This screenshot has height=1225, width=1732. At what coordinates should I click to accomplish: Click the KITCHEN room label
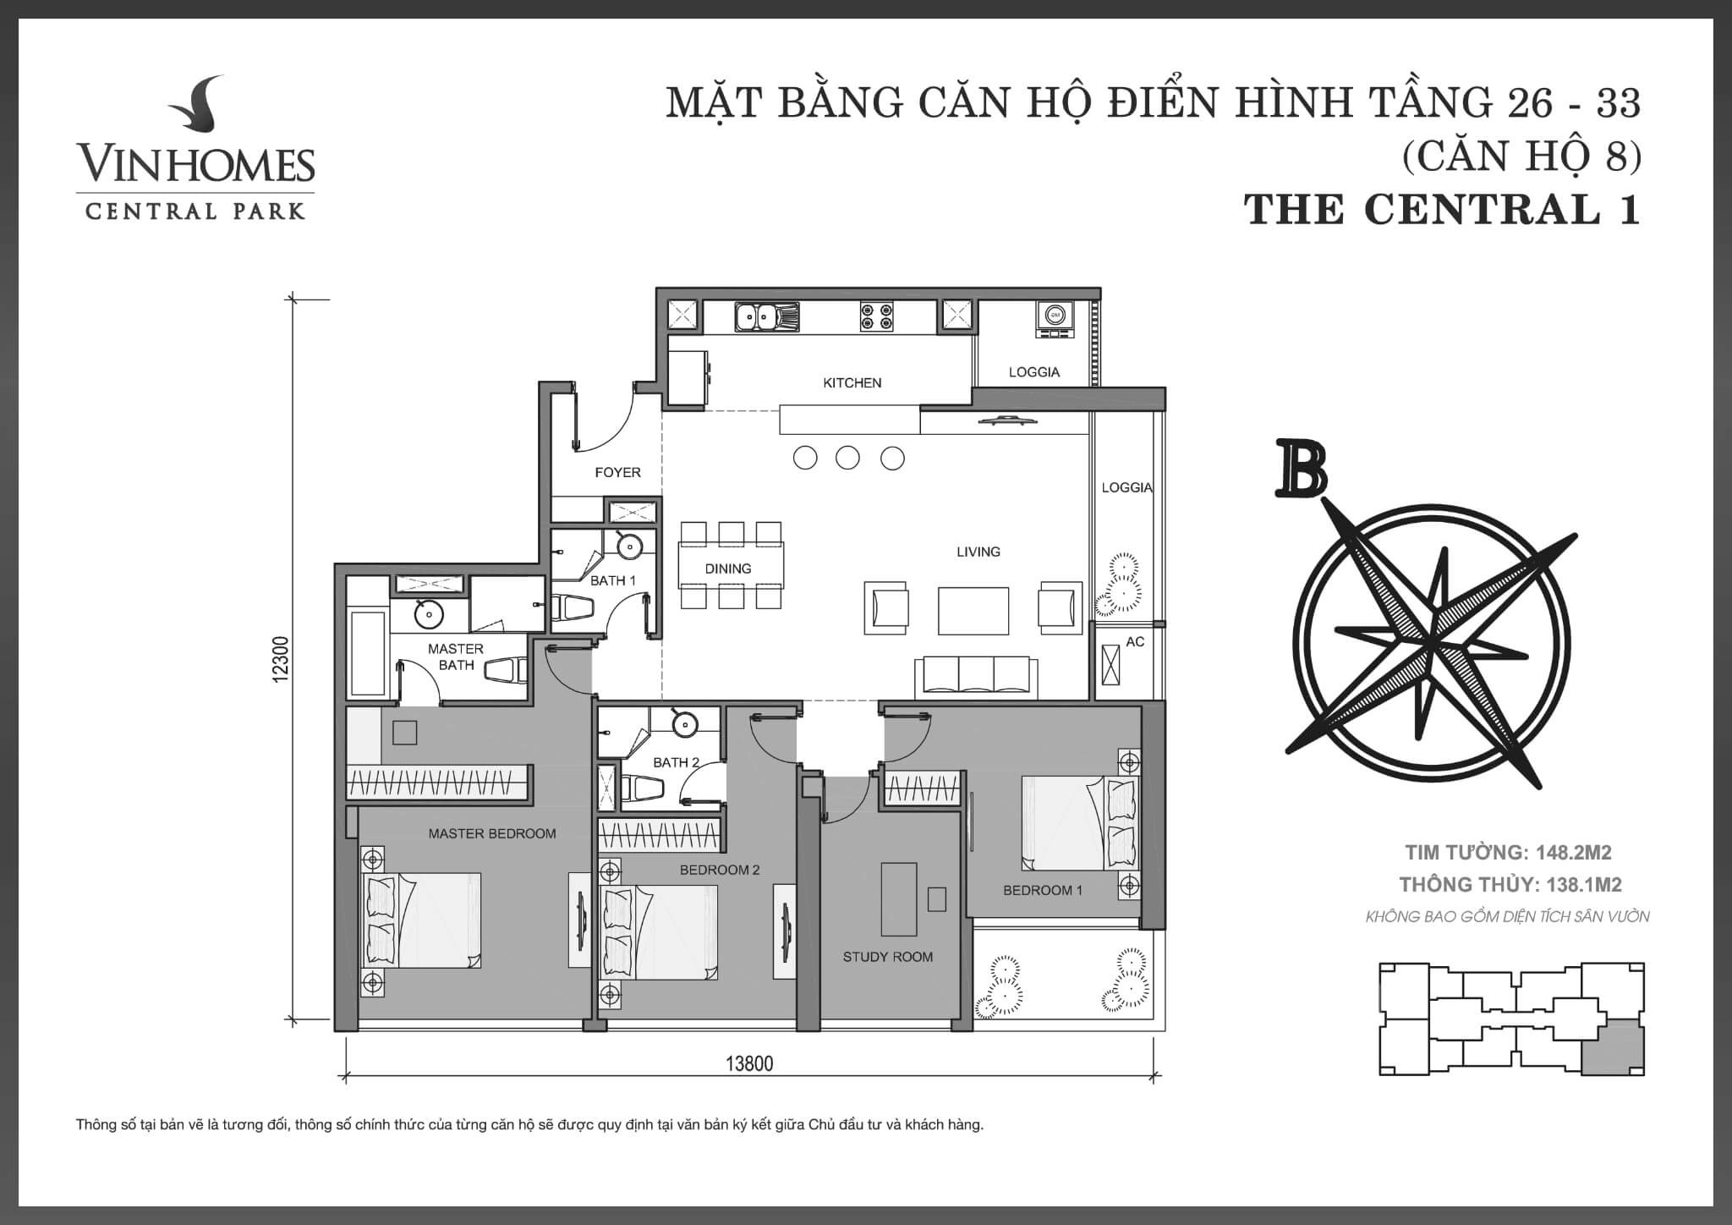point(852,383)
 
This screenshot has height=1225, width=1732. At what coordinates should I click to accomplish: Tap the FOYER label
point(617,473)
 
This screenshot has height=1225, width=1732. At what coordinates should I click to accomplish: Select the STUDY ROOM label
point(888,957)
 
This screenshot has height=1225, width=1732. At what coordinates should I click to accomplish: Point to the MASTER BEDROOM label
point(492,833)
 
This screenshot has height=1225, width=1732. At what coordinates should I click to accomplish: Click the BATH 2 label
point(676,762)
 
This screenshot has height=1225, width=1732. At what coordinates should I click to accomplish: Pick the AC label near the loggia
point(1135,642)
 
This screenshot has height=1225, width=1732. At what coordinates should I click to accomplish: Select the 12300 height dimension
point(282,659)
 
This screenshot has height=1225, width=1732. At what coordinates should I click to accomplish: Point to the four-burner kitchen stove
point(877,316)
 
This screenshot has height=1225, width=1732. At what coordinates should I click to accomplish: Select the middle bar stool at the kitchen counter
point(847,459)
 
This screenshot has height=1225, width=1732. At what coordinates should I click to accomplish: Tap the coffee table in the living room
point(973,611)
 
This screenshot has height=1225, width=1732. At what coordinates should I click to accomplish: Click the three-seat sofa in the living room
point(977,677)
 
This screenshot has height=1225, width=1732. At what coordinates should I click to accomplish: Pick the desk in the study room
point(898,898)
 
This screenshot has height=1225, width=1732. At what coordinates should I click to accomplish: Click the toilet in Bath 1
point(573,608)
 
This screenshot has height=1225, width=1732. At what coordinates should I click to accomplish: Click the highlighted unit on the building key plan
point(1613,1046)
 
